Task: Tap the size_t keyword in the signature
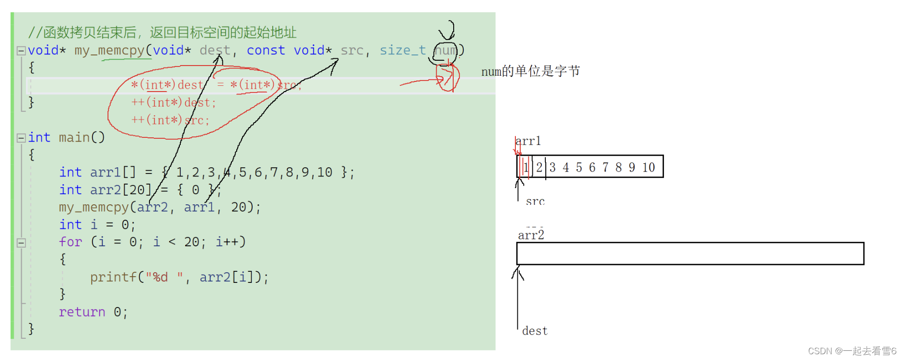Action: (x=403, y=51)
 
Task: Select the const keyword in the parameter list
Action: (x=266, y=51)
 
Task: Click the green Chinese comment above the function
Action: (x=162, y=33)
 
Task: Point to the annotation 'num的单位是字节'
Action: (x=530, y=72)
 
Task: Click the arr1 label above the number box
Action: (x=528, y=141)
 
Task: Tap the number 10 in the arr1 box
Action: (x=648, y=168)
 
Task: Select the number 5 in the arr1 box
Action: (x=579, y=168)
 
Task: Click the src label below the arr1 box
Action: (x=535, y=201)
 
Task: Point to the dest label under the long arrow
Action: (x=535, y=331)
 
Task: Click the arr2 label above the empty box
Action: (x=531, y=235)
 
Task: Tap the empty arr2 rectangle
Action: (x=690, y=253)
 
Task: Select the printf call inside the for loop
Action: (x=178, y=277)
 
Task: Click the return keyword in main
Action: (x=82, y=312)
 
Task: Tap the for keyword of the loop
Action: (x=70, y=242)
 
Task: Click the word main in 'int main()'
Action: (x=74, y=138)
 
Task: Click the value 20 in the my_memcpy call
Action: (x=239, y=207)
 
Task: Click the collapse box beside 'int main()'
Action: (x=21, y=138)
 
